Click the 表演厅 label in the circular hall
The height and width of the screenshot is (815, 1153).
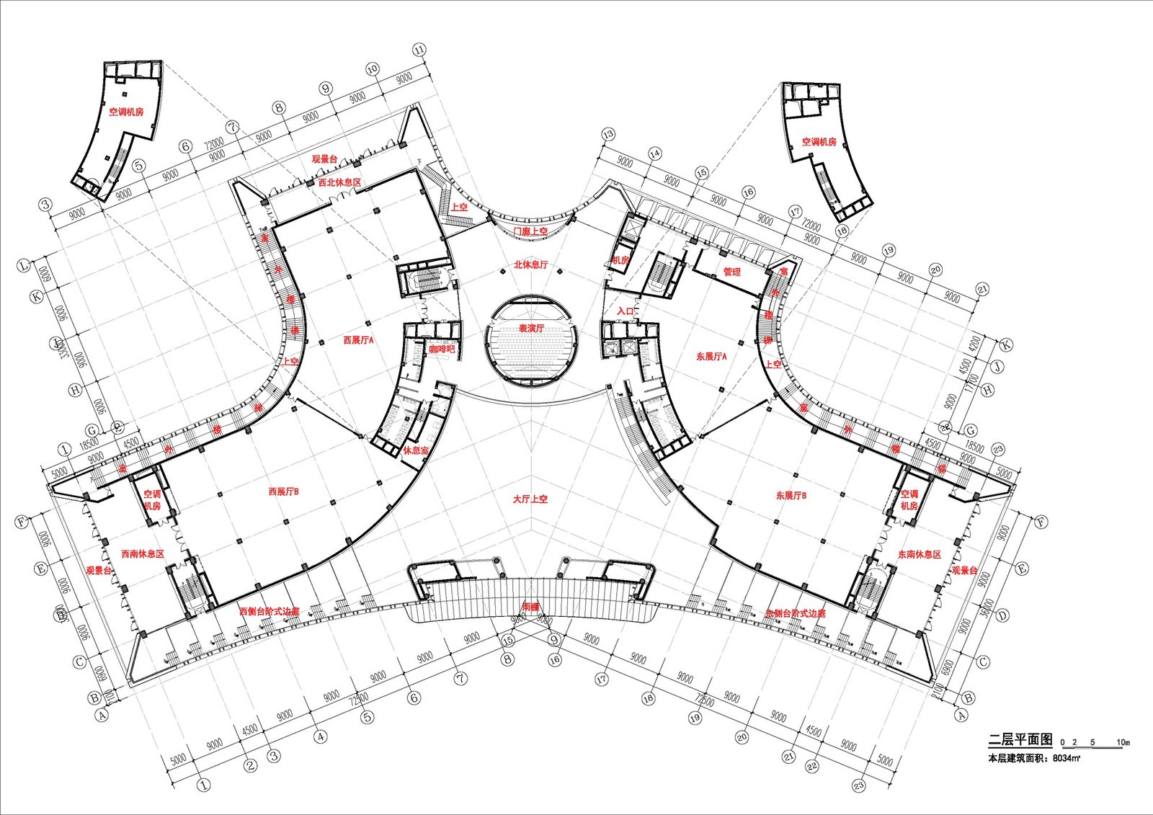pos(531,329)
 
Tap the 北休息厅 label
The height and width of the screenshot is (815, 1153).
pos(530,265)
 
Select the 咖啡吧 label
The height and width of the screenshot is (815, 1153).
pos(442,349)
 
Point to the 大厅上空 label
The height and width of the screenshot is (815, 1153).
pos(530,499)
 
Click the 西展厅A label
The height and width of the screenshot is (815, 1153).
pos(358,340)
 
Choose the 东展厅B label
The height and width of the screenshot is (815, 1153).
pos(791,496)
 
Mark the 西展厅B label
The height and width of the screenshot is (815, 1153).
pos(283,492)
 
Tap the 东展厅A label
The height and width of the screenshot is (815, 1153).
pos(711,357)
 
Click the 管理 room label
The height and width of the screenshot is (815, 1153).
pos(731,272)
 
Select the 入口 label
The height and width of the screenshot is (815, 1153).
pos(626,311)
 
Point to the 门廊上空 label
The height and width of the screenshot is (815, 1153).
pos(530,231)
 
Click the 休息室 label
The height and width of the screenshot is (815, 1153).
pos(415,450)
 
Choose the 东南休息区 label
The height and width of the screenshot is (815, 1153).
pos(919,555)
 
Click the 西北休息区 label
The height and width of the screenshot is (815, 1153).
pos(339,183)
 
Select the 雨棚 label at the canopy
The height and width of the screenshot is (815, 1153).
pos(530,607)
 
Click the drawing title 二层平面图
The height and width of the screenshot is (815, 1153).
pos(1020,740)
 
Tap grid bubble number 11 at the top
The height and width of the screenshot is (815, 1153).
pos(419,50)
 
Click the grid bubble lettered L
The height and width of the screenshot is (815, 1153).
pos(24,266)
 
